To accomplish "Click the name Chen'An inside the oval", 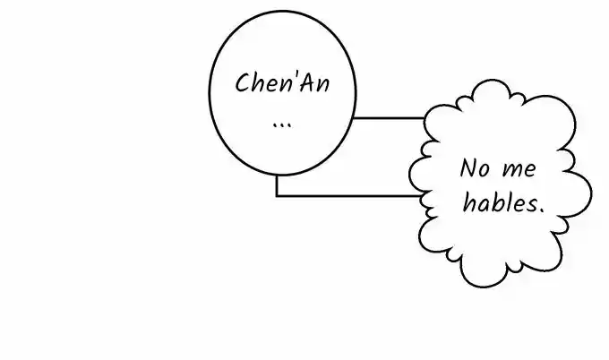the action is point(282,82).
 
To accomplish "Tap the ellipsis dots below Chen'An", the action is point(282,125).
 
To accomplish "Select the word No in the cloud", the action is point(475,168).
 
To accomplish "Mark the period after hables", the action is point(541,210).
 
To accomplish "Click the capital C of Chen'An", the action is point(243,82).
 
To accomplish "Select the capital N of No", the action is point(468,168).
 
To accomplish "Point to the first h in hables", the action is point(469,202).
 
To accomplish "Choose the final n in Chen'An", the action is point(323,85).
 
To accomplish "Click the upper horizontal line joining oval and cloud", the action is point(389,117).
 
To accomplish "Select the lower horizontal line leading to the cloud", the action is point(348,196).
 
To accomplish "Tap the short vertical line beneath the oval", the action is point(277,185).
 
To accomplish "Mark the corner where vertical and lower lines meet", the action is point(277,196).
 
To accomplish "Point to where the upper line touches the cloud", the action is point(425,117).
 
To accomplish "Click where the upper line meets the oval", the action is point(353,117).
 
